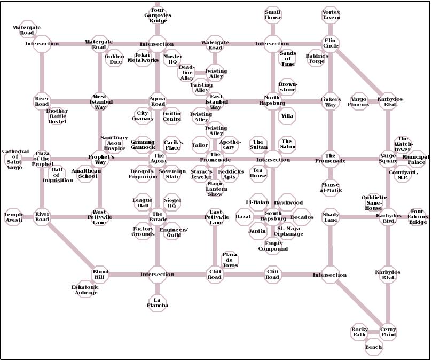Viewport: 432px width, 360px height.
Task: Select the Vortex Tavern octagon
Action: click(331, 15)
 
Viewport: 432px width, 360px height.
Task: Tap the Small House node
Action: click(273, 15)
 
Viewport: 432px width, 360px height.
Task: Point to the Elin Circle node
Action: click(331, 43)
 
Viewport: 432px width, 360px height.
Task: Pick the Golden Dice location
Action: click(114, 59)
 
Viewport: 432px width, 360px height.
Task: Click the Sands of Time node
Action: click(288, 59)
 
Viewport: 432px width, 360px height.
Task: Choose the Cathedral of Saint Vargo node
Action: click(15, 159)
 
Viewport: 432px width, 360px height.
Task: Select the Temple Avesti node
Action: click(14, 217)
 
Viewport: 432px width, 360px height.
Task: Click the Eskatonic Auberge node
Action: click(85, 290)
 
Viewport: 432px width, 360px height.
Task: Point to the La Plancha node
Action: click(157, 302)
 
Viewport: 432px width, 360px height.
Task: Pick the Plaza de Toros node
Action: click(230, 260)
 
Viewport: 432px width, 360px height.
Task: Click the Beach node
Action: click(373, 347)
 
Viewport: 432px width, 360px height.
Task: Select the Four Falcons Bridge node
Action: click(418, 217)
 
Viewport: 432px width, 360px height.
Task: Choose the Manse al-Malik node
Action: click(331, 187)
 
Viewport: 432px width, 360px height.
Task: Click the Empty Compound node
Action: click(273, 246)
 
